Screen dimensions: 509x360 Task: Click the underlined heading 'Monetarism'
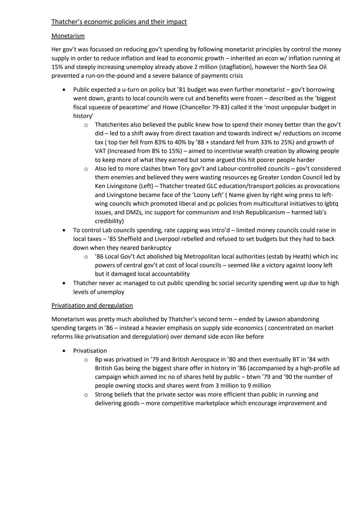[68, 36]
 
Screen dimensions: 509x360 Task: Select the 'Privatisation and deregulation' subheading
[92, 305]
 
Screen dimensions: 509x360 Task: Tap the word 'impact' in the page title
[175, 22]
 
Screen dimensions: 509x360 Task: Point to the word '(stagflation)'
[236, 67]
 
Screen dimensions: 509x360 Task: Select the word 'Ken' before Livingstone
[100, 186]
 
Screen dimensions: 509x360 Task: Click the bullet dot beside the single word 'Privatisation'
[64, 351]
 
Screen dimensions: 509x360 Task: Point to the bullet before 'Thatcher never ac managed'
[64, 283]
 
